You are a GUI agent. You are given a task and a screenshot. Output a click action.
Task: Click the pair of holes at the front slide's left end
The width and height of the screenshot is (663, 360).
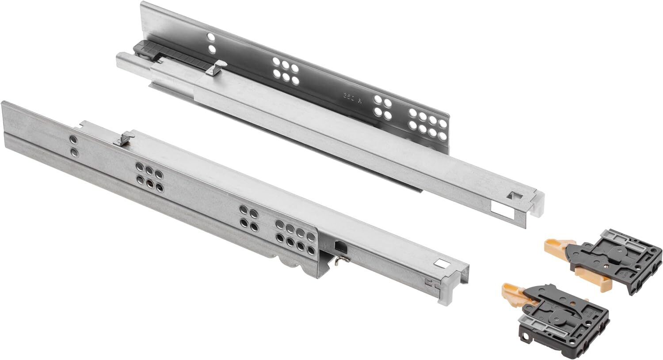(x=73, y=145)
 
